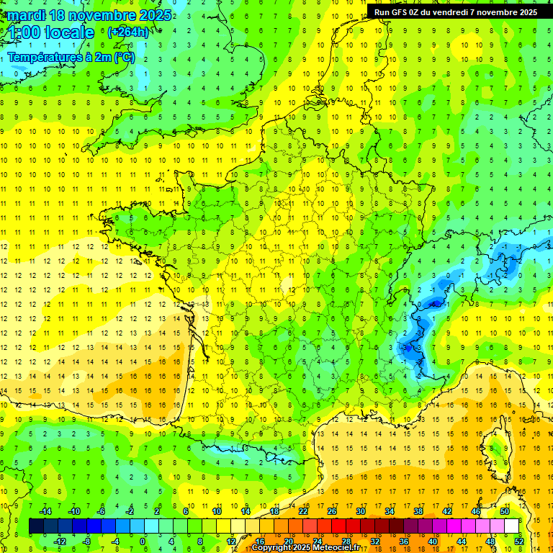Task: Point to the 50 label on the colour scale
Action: (x=504, y=511)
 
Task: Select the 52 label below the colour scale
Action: (x=519, y=541)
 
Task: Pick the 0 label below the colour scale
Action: (x=143, y=541)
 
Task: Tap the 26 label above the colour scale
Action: (x=331, y=511)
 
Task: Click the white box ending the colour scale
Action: (x=511, y=526)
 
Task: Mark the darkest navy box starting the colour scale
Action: (x=36, y=526)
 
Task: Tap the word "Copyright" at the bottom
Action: (x=275, y=548)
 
